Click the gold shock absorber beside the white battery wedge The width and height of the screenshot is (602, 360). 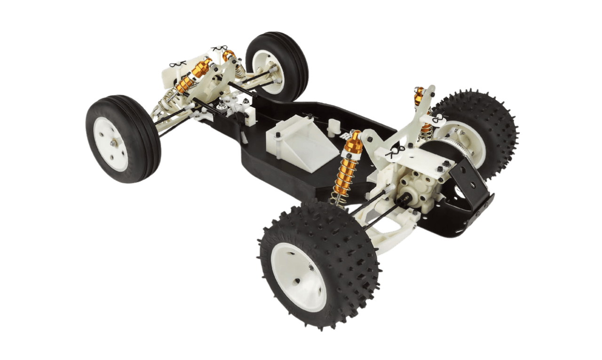(349, 169)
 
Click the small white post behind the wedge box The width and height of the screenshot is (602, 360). (334, 126)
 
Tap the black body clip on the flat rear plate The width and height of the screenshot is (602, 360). (394, 152)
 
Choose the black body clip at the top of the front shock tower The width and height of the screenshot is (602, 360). (220, 49)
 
